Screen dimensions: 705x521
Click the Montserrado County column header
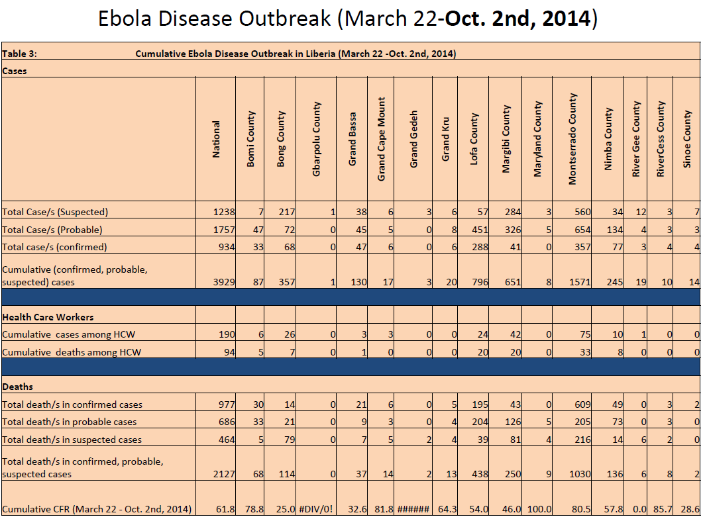pyautogui.click(x=572, y=139)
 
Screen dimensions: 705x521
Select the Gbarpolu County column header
pyautogui.click(x=316, y=139)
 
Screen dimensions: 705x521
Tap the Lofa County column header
pyautogui.click(x=474, y=139)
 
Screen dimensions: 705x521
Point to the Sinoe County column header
pyautogui.click(x=686, y=139)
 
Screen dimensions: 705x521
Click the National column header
pyautogui.click(x=216, y=139)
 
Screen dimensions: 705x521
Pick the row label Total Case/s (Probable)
pyautogui.click(x=52, y=230)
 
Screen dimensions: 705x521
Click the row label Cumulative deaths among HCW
pyautogui.click(x=72, y=352)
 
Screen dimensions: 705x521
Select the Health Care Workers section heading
pyautogui.click(x=48, y=317)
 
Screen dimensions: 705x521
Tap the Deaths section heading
pyautogui.click(x=17, y=387)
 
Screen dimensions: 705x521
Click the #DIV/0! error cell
pyautogui.click(x=315, y=509)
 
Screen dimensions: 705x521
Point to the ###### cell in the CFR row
pyautogui.click(x=413, y=509)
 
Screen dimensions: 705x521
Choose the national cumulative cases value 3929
pyautogui.click(x=224, y=282)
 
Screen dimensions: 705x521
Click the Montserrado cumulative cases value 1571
pyautogui.click(x=580, y=282)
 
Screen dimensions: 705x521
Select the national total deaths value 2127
pyautogui.click(x=224, y=474)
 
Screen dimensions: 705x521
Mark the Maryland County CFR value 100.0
pyautogui.click(x=539, y=509)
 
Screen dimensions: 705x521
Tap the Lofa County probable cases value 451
pyautogui.click(x=480, y=230)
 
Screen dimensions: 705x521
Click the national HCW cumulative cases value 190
pyautogui.click(x=227, y=334)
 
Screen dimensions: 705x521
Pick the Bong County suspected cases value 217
pyautogui.click(x=287, y=212)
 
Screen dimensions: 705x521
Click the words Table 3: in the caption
pyautogui.click(x=19, y=54)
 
